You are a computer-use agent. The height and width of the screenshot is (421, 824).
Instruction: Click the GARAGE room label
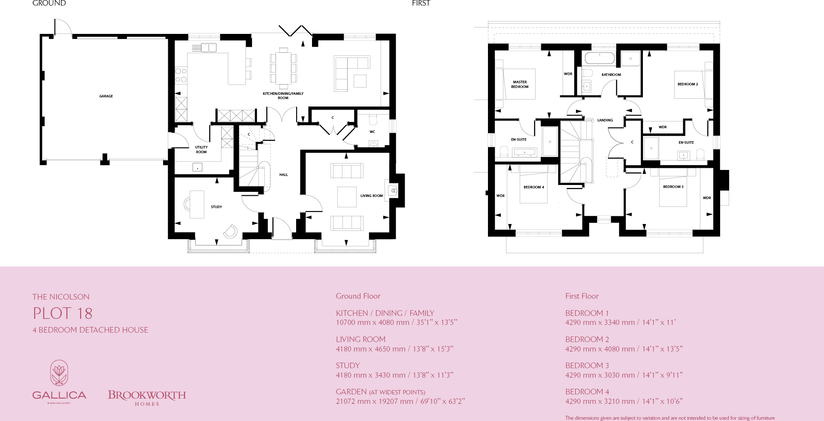tap(106, 96)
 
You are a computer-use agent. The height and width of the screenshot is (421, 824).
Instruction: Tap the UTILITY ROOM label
tap(201, 149)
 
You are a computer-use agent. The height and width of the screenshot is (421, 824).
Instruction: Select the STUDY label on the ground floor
tap(216, 207)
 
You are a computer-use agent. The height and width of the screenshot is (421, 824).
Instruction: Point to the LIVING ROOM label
tap(371, 196)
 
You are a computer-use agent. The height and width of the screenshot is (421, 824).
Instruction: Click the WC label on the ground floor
tap(372, 132)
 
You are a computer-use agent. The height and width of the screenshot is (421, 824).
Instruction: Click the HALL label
tap(283, 175)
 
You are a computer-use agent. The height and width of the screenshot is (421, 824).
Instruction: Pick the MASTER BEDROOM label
tap(519, 84)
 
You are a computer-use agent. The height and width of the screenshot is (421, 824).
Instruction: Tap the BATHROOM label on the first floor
tap(611, 75)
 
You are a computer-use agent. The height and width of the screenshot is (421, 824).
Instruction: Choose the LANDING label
tap(605, 120)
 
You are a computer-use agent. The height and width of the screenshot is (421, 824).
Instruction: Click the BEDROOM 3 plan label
tap(673, 187)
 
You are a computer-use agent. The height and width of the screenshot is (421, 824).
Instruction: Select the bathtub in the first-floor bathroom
tap(600, 58)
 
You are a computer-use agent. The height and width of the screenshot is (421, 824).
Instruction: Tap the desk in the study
tap(197, 204)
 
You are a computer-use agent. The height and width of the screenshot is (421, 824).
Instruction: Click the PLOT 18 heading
tap(63, 313)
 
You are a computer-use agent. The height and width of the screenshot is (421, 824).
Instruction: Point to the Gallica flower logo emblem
tap(59, 373)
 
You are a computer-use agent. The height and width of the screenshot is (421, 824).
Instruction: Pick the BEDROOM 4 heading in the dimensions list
tap(587, 391)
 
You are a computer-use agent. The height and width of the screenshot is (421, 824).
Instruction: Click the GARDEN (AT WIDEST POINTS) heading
tap(380, 392)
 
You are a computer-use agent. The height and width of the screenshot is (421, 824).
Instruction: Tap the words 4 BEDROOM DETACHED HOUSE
tap(90, 330)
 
